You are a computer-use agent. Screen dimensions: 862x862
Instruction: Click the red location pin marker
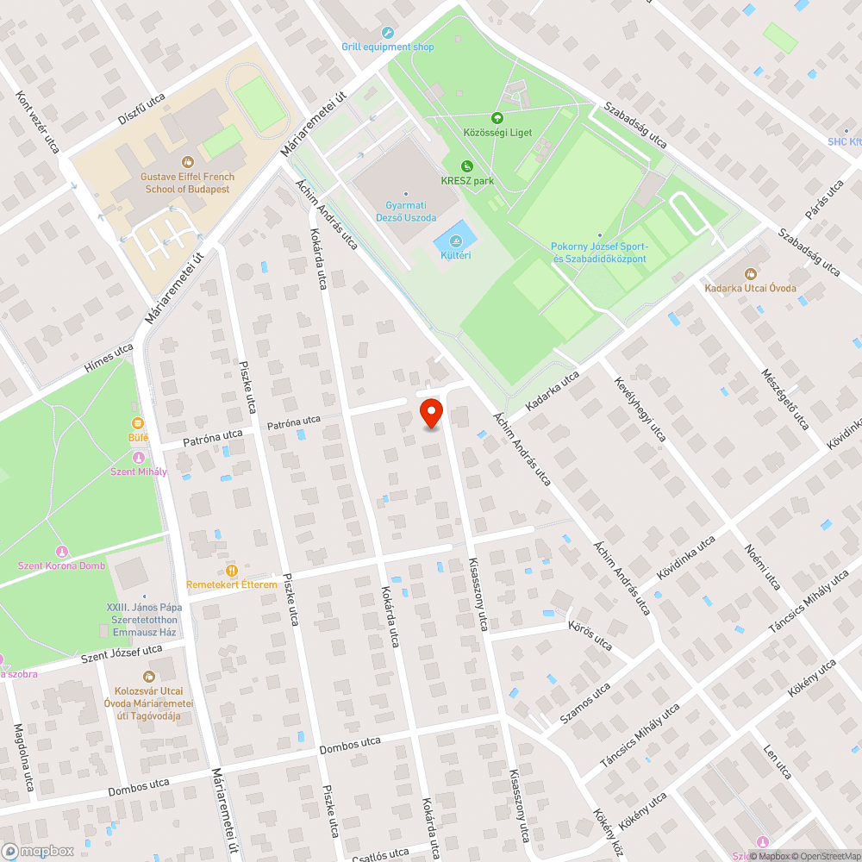click(431, 413)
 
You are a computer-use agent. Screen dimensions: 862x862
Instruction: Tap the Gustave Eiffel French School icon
click(187, 161)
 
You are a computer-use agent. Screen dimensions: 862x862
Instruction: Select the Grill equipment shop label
click(388, 47)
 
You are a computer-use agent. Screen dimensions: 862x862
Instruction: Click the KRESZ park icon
click(466, 166)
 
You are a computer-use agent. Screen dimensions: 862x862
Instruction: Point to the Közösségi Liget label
click(497, 132)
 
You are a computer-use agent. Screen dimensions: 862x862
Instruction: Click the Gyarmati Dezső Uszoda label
click(405, 212)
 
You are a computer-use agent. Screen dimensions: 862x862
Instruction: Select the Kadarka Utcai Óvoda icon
click(750, 273)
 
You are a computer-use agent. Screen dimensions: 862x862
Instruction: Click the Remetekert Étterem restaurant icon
click(231, 570)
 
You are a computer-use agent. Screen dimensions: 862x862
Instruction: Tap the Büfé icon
click(138, 422)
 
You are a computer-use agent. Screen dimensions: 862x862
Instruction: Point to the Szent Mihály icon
click(138, 456)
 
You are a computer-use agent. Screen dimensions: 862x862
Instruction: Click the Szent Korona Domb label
click(61, 565)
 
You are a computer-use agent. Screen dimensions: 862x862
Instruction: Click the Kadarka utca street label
click(552, 390)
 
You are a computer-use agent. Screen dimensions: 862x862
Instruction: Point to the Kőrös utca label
click(590, 636)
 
